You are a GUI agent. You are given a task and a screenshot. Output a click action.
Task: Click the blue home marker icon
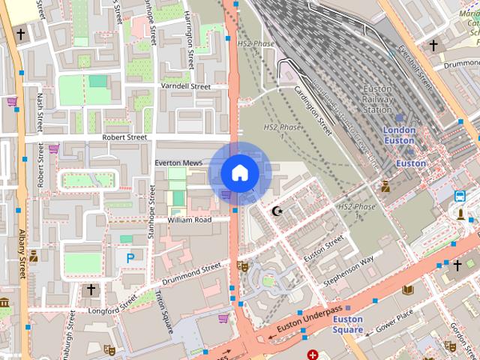pos(239,173)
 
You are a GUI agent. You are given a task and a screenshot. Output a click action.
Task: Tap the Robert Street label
pos(125,138)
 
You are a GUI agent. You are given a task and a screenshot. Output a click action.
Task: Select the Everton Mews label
pos(178,163)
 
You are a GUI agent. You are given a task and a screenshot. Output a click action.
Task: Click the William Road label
pos(190,220)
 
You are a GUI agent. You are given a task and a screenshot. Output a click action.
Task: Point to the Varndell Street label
pos(186,87)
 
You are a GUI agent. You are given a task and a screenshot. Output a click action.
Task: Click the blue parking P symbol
pos(130,257)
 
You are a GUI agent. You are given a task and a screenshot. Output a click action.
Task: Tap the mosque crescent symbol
pos(277,212)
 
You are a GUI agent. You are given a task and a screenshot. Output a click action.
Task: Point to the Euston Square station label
pos(348,324)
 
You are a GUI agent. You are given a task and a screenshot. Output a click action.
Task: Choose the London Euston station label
pos(399,135)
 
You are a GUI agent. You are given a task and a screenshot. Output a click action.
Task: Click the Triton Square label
pos(165,311)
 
